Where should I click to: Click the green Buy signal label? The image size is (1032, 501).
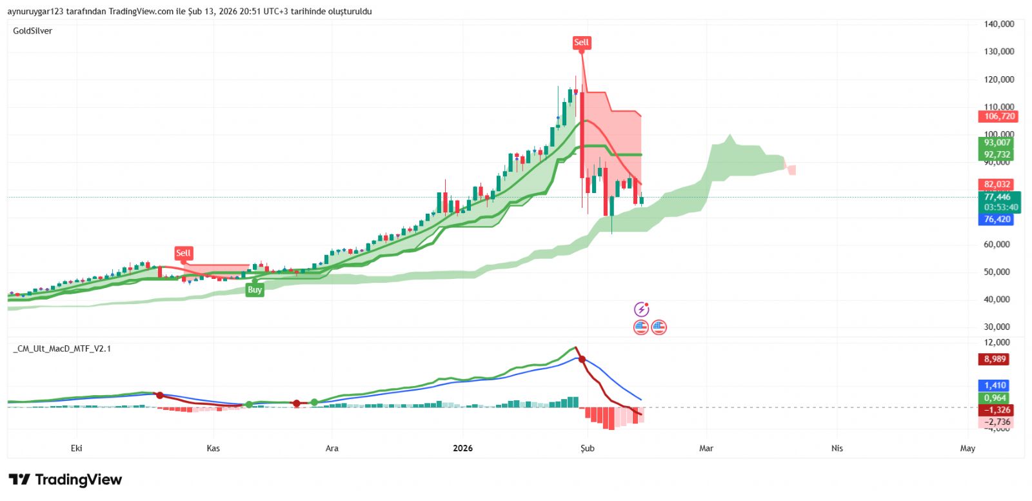tap(255, 290)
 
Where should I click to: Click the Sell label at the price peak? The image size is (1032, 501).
tap(581, 43)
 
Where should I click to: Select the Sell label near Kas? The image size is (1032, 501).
tap(183, 253)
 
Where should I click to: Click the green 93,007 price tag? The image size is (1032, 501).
tap(997, 143)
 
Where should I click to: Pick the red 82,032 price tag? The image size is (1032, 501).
tap(997, 184)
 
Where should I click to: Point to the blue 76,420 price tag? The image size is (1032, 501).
tap(997, 220)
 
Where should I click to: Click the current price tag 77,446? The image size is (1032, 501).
tap(997, 197)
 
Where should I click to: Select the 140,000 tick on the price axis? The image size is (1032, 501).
tap(999, 24)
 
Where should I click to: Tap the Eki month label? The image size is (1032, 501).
tap(76, 448)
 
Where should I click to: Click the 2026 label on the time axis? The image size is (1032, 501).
tap(462, 448)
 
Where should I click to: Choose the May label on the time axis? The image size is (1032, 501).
tap(967, 448)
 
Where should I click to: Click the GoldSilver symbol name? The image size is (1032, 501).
tap(33, 31)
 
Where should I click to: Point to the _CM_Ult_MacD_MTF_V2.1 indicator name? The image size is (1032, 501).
tap(62, 349)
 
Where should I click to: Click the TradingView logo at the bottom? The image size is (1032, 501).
tap(65, 480)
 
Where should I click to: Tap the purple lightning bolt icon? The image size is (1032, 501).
tap(641, 309)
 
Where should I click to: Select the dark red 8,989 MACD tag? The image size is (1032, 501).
tap(995, 359)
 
